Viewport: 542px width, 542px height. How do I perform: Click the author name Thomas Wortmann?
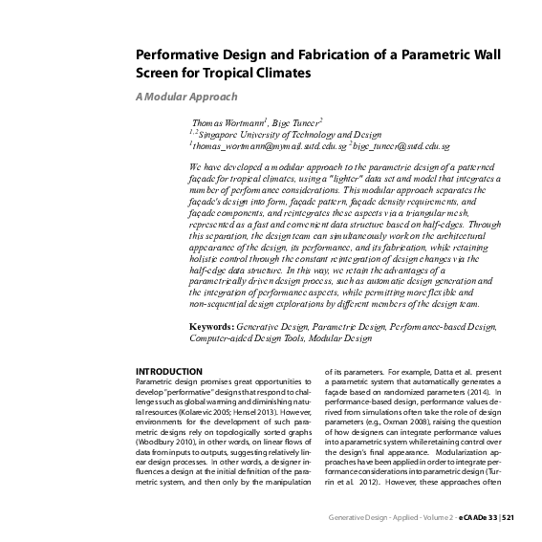pos(227,123)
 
